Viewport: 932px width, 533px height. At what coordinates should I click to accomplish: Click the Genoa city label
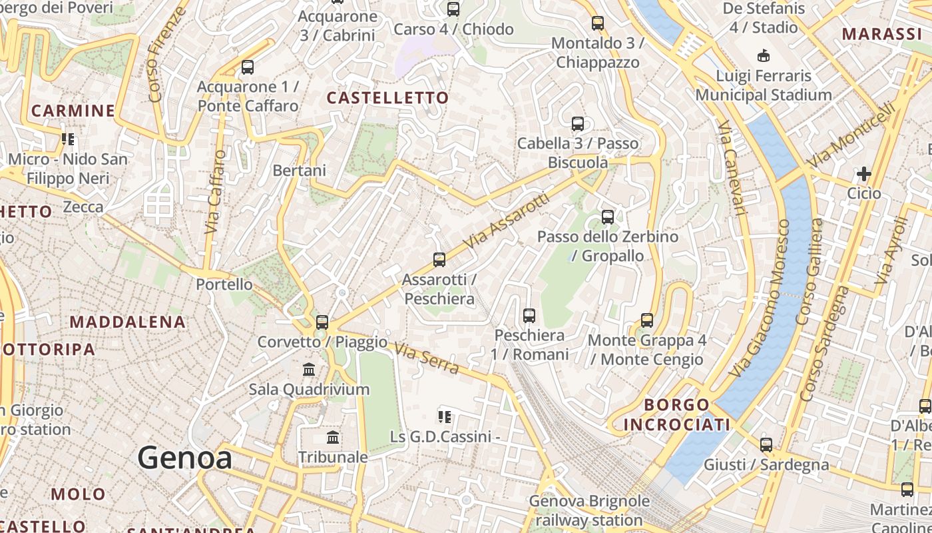click(x=185, y=458)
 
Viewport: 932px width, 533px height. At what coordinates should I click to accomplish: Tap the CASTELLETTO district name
click(x=388, y=98)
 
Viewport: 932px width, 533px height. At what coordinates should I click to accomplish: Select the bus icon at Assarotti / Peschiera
click(x=439, y=260)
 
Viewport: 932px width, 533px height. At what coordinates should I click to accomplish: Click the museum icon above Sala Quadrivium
click(x=309, y=369)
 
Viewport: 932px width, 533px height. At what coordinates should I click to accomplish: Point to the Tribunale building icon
click(x=333, y=437)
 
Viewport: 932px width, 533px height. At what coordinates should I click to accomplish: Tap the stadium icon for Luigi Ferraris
click(x=764, y=56)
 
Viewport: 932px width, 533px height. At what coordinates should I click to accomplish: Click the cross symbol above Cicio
click(x=864, y=175)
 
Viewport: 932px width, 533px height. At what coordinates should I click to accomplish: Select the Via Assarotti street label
click(x=506, y=221)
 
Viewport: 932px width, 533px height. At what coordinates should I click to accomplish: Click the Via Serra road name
click(x=427, y=358)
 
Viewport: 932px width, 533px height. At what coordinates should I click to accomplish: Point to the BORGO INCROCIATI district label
click(x=677, y=414)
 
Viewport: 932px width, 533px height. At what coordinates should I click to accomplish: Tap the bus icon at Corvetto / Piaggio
click(x=322, y=322)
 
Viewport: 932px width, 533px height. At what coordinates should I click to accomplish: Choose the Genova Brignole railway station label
click(x=589, y=510)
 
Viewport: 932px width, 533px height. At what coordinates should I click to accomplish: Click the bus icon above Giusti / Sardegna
click(x=766, y=444)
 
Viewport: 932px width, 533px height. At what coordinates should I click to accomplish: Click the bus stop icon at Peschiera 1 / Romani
click(x=529, y=315)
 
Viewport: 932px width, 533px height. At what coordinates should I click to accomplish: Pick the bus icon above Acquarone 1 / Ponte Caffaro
click(x=248, y=67)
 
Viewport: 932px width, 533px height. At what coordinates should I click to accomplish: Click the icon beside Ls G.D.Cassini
click(x=445, y=418)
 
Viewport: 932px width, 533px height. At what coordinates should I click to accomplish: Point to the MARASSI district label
click(x=881, y=34)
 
